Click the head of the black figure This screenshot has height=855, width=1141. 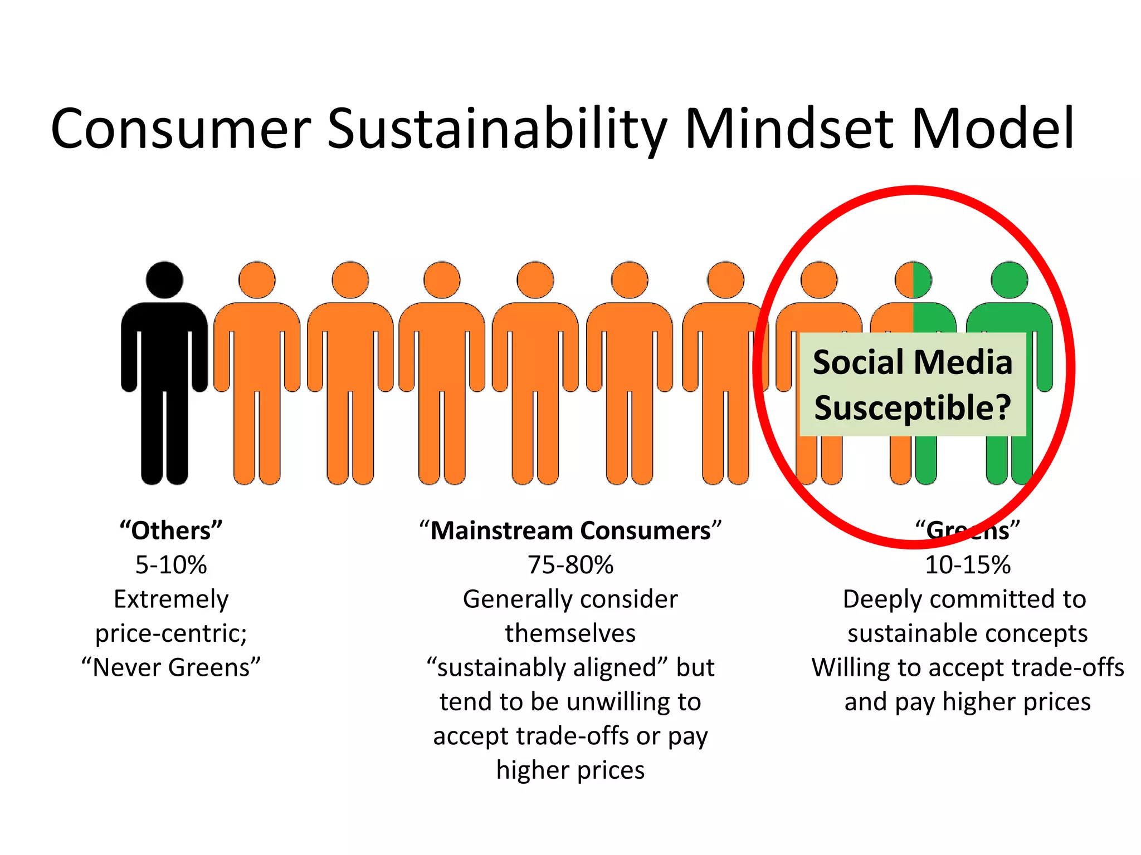pyautogui.click(x=164, y=279)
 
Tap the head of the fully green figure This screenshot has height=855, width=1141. pyautogui.click(x=1010, y=279)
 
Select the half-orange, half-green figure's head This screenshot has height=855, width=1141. pyautogui.click(x=913, y=279)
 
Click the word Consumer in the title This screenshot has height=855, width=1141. pyautogui.click(x=180, y=129)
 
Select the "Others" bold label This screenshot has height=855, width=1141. pyautogui.click(x=171, y=530)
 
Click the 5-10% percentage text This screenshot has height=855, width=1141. pyautogui.click(x=171, y=565)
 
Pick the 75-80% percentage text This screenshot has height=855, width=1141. pyautogui.click(x=570, y=565)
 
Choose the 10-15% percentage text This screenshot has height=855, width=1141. pyautogui.click(x=968, y=565)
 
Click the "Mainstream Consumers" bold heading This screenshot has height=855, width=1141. pyautogui.click(x=570, y=530)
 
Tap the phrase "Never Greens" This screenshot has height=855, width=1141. pyautogui.click(x=171, y=667)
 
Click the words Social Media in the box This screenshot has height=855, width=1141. pyautogui.click(x=913, y=362)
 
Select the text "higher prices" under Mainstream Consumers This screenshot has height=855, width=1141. pyautogui.click(x=570, y=770)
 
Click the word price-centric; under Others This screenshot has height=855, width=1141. pyautogui.click(x=171, y=633)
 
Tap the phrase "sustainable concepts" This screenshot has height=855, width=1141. pyautogui.click(x=968, y=633)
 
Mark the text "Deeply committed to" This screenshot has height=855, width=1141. pyautogui.click(x=964, y=600)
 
